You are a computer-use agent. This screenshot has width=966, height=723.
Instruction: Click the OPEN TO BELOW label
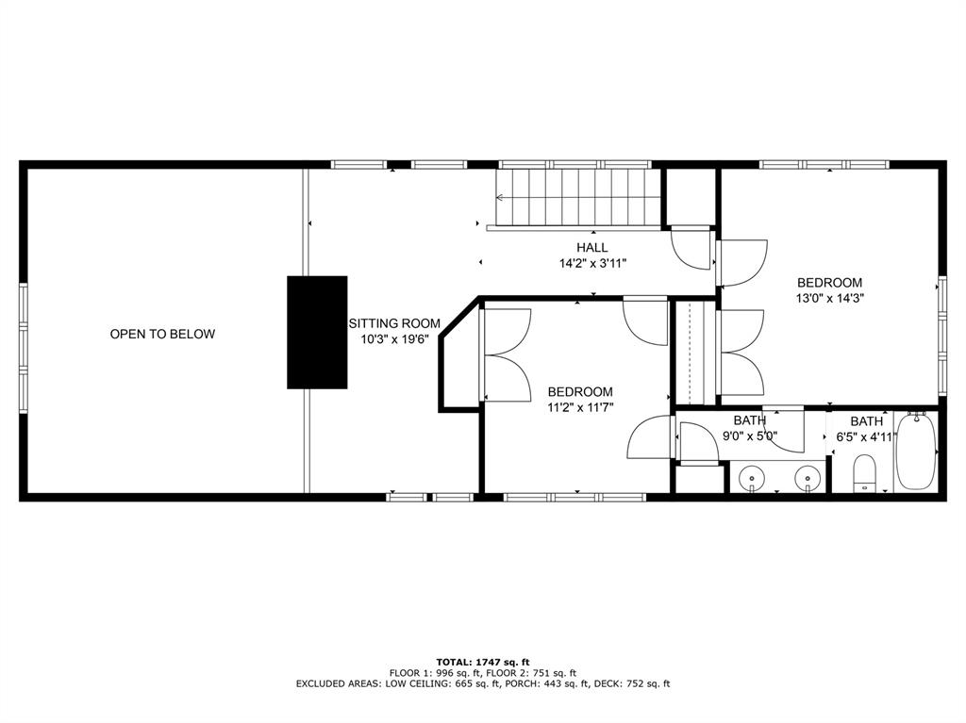point(162,334)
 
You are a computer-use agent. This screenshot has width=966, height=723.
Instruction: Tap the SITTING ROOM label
point(394,323)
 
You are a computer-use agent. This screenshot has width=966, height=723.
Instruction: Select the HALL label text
point(592,248)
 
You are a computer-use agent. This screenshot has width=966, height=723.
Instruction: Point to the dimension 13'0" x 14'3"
point(829,298)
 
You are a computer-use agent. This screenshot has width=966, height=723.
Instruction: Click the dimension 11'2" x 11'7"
point(580,407)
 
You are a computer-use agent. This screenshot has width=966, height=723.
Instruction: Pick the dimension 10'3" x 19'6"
point(394,339)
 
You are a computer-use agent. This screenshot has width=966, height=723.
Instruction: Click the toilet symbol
point(865,473)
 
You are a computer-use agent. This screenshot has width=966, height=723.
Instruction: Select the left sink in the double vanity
point(752,478)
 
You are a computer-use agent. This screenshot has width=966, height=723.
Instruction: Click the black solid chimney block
point(317,332)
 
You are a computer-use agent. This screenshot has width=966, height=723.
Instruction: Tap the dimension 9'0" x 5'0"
point(749,436)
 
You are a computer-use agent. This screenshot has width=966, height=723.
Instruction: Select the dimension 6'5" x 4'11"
point(865,437)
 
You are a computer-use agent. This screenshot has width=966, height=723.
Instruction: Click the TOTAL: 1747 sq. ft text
point(483,662)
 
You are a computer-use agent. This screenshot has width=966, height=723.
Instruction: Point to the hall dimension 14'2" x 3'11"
point(592,264)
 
